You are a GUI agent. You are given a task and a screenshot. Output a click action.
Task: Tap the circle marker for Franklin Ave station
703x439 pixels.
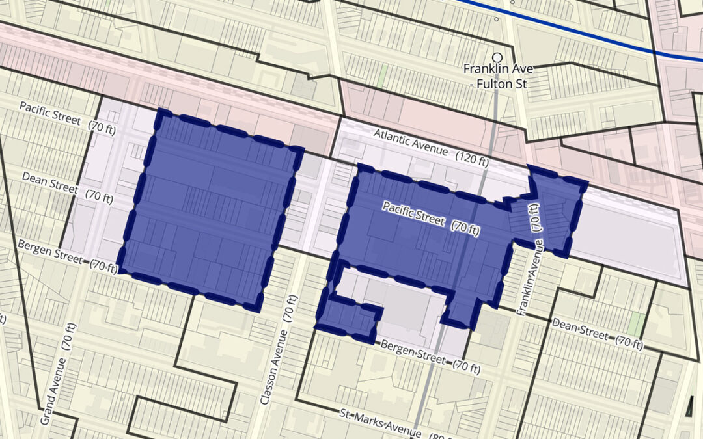coord(498,58)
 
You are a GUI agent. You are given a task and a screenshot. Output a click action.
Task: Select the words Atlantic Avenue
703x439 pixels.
coord(410,143)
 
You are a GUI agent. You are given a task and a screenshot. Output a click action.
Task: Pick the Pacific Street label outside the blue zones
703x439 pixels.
coord(50,113)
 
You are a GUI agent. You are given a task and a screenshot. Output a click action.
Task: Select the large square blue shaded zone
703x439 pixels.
coord(208,208)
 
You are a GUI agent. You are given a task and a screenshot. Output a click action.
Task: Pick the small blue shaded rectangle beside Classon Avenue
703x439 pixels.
coord(348,319)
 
